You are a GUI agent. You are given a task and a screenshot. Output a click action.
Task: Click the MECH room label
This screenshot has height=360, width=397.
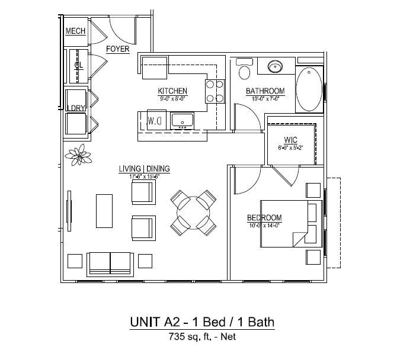tap(75, 31)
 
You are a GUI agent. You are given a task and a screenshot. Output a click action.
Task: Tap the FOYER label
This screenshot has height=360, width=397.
tap(117, 49)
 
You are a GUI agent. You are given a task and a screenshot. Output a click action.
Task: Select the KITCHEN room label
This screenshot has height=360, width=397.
tap(172, 91)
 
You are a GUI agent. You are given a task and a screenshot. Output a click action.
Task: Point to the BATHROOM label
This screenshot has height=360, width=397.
tap(265, 91)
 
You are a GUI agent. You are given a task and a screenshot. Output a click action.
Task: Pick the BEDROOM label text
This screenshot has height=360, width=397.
tap(264, 218)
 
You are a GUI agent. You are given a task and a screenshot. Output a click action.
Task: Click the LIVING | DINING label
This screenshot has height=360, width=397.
tap(144, 169)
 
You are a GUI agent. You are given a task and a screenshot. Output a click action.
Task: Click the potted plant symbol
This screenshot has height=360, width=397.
tap(79, 156)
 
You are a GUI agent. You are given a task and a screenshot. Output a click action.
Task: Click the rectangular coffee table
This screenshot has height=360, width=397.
tap(105, 210)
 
